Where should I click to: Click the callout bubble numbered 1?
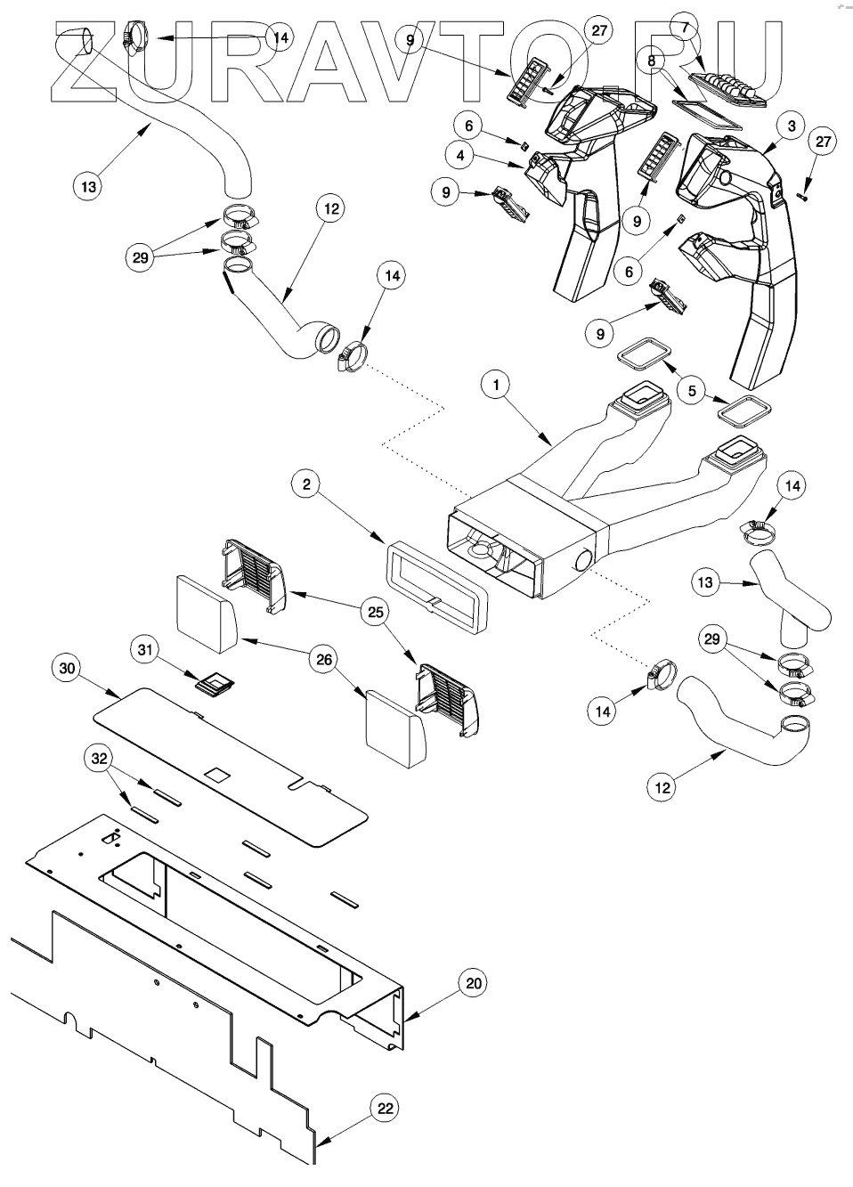click(496, 386)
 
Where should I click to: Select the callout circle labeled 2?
click(306, 484)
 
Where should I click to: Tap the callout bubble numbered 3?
click(792, 126)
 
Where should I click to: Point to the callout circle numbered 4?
click(459, 156)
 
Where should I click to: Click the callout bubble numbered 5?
click(692, 391)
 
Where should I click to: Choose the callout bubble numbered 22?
click(386, 1109)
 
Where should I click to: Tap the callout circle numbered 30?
click(67, 669)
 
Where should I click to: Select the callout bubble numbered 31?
click(145, 649)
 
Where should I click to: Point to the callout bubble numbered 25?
click(375, 612)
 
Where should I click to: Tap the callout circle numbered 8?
click(651, 61)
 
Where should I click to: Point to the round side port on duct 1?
click(584, 559)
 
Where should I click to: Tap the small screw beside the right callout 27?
click(801, 197)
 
